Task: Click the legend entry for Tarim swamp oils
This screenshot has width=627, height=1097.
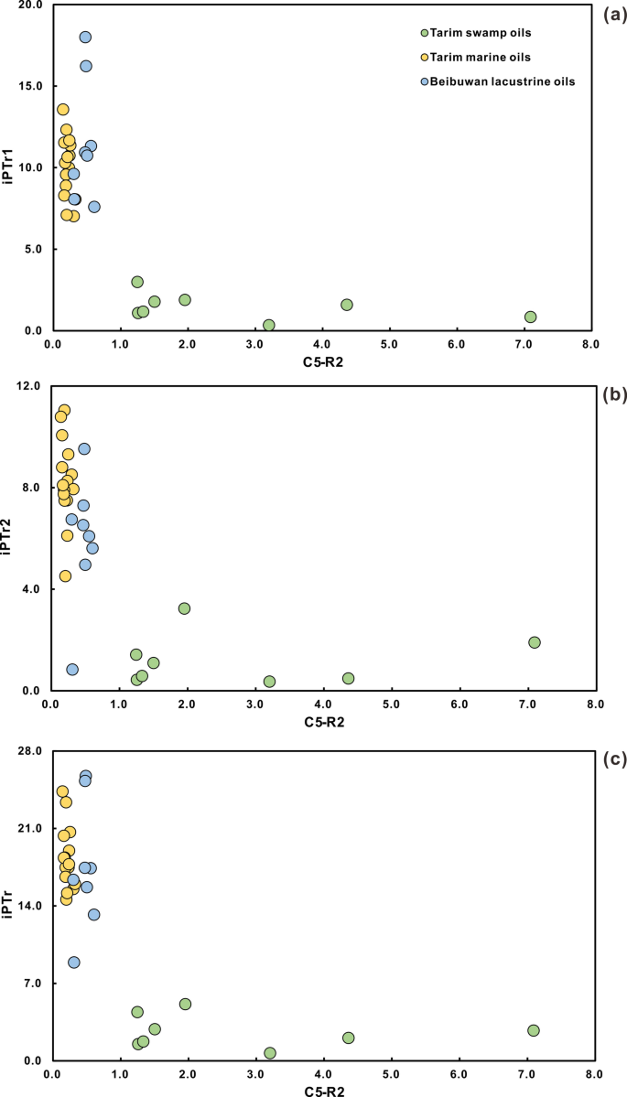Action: pos(484,34)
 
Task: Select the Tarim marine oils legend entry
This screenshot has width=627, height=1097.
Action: pos(486,58)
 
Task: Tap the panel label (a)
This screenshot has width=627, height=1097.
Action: pos(612,12)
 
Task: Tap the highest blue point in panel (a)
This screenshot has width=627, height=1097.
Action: pos(85,38)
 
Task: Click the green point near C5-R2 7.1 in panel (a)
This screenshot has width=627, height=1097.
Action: pos(530,317)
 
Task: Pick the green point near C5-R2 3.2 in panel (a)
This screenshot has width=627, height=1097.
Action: pos(269,325)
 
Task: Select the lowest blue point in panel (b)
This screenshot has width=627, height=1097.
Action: pos(72,669)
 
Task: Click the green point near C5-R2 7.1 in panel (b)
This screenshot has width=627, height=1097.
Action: pos(535,642)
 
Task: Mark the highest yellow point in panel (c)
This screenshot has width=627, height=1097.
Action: pos(62,791)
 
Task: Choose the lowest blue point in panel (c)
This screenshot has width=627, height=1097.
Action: pos(74,962)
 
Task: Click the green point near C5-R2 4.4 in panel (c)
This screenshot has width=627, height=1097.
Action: pos(349,1038)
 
